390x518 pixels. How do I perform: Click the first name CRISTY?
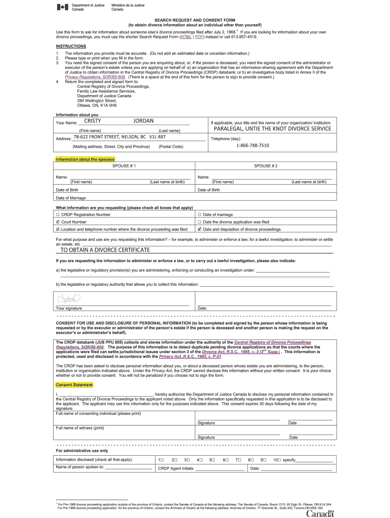(93, 121)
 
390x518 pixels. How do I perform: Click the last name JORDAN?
(143, 121)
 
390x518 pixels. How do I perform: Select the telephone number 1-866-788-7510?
(253, 146)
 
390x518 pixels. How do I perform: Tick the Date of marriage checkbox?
(200, 214)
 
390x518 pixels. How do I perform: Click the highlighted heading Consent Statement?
(74, 385)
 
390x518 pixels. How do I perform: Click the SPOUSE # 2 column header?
(265, 166)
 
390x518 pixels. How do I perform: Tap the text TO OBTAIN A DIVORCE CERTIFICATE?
(105, 250)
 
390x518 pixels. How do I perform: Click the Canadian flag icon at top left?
(63, 7)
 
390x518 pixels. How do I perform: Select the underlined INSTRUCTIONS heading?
(71, 46)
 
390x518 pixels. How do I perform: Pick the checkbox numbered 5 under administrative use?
(213, 460)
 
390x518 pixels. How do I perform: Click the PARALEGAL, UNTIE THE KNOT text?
(272, 128)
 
